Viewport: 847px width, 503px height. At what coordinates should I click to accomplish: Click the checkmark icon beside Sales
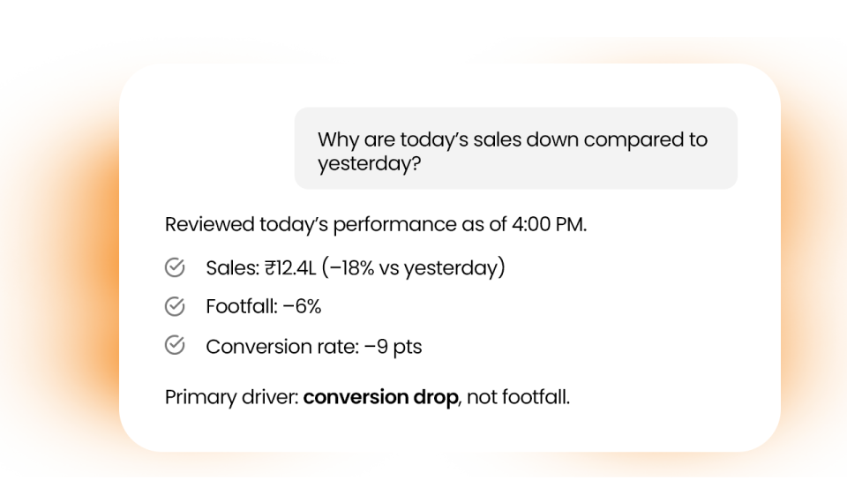coord(175,267)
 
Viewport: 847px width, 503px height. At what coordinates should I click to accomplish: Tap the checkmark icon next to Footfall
coord(175,306)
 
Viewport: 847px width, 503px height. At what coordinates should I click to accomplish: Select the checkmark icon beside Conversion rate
coord(175,345)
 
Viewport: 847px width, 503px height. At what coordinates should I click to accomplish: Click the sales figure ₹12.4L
coord(290,267)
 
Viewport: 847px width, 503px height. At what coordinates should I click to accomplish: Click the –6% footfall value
coord(302,306)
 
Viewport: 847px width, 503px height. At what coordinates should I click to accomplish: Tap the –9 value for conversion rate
coord(376,346)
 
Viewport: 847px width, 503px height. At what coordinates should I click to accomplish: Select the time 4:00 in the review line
coord(530,224)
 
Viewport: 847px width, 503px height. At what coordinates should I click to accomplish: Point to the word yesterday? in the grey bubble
coord(370,164)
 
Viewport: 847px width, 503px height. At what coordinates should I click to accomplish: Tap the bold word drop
coord(436,398)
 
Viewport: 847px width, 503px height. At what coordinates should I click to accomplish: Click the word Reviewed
coord(210,224)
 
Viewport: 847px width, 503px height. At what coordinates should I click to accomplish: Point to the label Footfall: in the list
coord(242,306)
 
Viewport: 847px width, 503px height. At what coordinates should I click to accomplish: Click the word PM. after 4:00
coord(571,224)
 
